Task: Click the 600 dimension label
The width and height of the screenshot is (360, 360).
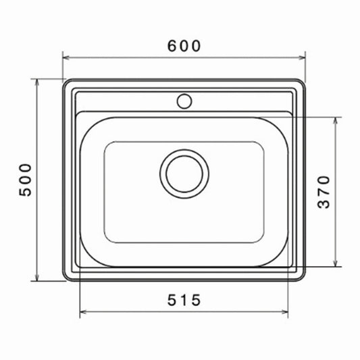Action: pyautogui.click(x=184, y=46)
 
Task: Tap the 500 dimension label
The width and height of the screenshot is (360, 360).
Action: pyautogui.click(x=25, y=180)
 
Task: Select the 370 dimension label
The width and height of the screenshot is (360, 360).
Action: pyautogui.click(x=324, y=192)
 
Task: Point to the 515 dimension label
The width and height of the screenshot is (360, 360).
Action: pyautogui.click(x=184, y=300)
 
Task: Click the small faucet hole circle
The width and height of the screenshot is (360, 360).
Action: pyautogui.click(x=184, y=101)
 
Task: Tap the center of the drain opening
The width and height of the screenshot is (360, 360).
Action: pyautogui.click(x=184, y=174)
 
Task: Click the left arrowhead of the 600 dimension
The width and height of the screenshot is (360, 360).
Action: pyautogui.click(x=66, y=57)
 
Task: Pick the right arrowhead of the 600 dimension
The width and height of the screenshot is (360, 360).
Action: pyautogui.click(x=302, y=57)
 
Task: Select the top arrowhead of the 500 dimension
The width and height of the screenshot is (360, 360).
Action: pyautogui.click(x=36, y=82)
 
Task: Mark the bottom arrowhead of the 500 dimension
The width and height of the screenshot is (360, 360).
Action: pyautogui.click(x=36, y=278)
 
